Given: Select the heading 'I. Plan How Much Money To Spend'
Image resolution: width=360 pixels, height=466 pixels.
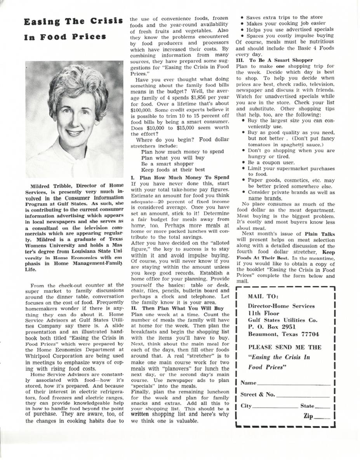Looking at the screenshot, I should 179,177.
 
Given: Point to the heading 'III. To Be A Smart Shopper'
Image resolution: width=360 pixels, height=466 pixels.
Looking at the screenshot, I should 274,60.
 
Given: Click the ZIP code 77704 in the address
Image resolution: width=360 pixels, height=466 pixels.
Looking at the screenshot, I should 310,334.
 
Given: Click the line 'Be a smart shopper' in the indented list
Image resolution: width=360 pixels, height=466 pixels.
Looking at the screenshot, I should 168,164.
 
